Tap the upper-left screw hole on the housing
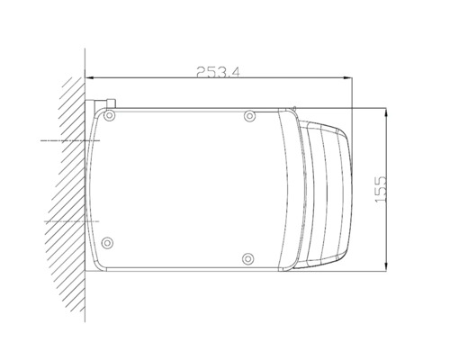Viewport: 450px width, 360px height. [110, 117]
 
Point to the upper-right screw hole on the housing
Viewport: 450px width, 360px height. [250, 116]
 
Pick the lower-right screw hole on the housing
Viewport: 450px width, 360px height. [248, 260]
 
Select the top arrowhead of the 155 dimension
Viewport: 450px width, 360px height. [386, 112]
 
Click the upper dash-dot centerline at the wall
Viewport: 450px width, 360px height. [63, 141]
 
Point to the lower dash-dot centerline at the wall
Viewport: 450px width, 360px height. [63, 221]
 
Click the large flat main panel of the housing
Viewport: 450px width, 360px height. [189, 189]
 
